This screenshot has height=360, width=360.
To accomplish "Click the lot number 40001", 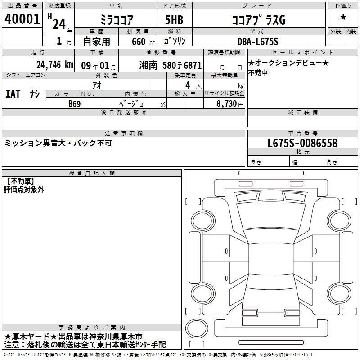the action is point(22,18).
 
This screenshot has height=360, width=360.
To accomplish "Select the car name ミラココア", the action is point(117,20).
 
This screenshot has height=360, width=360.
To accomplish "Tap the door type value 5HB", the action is point(174,20).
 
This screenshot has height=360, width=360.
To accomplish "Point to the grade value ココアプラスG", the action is point(259,20).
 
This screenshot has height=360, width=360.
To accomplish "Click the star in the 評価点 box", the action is point(343,18).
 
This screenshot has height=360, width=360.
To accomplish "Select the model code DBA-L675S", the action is point(258,41).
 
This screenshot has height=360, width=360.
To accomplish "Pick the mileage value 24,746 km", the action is point(54,65).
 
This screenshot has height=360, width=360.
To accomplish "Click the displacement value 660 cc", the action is point(143,42).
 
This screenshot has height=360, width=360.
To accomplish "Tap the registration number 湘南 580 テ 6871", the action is point(171,65).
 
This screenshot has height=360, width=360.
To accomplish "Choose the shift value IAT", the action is point(13,94).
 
